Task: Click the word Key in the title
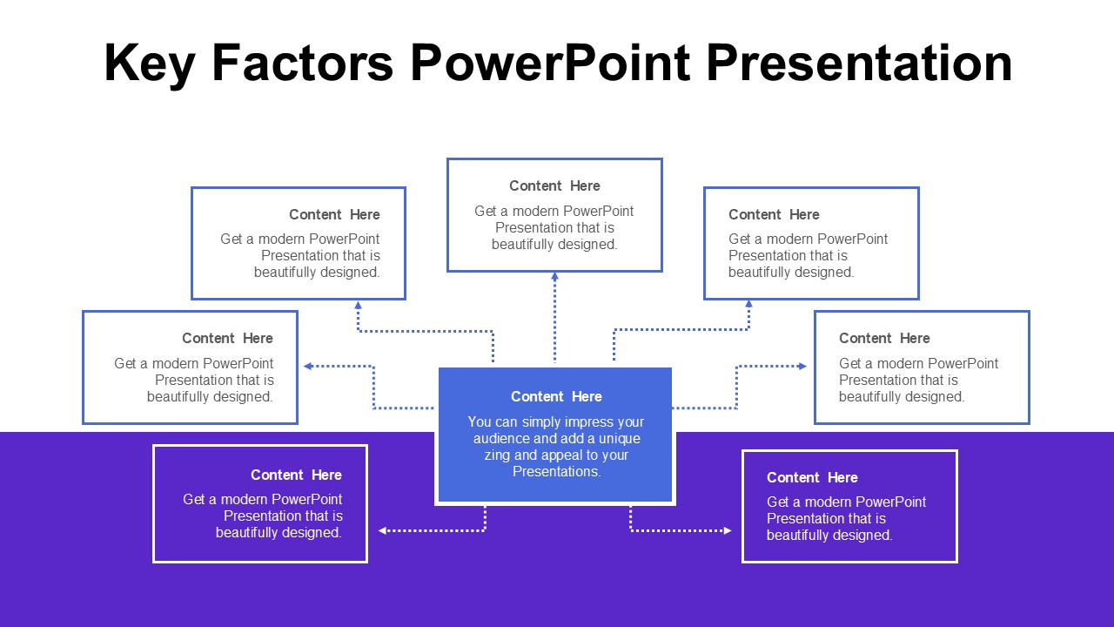[149, 64]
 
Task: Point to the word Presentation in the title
[859, 64]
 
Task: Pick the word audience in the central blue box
[499, 439]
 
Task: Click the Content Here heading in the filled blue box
[556, 397]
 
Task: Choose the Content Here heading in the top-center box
[554, 186]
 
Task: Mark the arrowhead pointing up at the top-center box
[554, 277]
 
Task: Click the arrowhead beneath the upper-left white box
[358, 306]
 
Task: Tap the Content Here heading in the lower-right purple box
[812, 478]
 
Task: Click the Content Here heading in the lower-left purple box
[296, 475]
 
